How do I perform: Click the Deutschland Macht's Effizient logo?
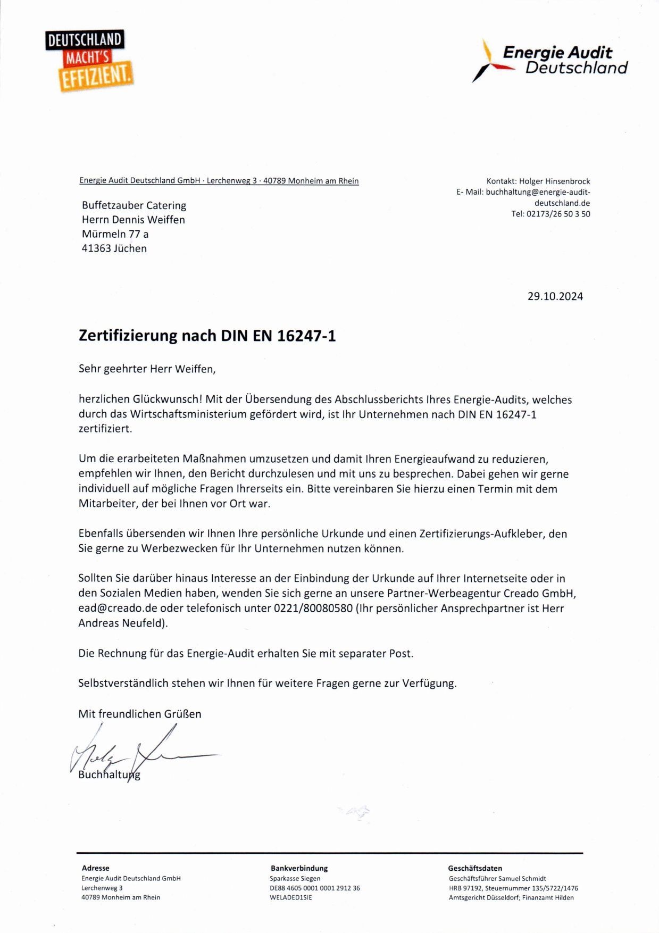pyautogui.click(x=89, y=60)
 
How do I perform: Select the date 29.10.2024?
pyautogui.click(x=555, y=296)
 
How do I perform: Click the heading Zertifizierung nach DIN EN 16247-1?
pyautogui.click(x=207, y=336)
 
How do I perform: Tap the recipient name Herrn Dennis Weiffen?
pyautogui.click(x=133, y=220)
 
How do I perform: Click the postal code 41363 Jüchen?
pyautogui.click(x=114, y=248)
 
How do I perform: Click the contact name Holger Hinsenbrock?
pyautogui.click(x=554, y=181)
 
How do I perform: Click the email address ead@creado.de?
pyautogui.click(x=118, y=608)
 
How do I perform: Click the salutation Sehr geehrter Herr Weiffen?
pyautogui.click(x=147, y=369)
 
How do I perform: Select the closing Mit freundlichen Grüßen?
pyautogui.click(x=139, y=714)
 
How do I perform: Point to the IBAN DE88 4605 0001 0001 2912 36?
pyautogui.click(x=314, y=888)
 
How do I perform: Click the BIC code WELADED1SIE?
pyautogui.click(x=290, y=897)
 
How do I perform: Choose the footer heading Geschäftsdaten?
pyautogui.click(x=475, y=868)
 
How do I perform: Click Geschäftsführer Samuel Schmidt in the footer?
pyautogui.click(x=497, y=878)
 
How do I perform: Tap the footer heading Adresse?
pyautogui.click(x=95, y=868)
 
